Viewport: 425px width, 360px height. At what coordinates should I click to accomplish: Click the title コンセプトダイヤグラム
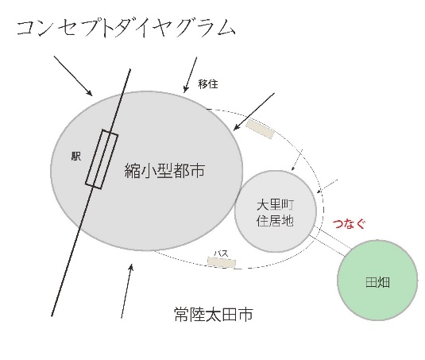click(126, 28)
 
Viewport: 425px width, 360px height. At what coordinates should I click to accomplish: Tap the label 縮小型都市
click(164, 171)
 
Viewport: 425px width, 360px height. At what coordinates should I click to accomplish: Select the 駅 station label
click(76, 156)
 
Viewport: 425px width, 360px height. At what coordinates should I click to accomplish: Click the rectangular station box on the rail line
click(102, 159)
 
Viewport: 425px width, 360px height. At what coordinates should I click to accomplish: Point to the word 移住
click(208, 84)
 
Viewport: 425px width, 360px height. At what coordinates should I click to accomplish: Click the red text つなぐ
click(349, 224)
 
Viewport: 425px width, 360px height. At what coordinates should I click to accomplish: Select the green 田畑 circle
click(377, 280)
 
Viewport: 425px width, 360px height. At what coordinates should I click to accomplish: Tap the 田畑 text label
click(377, 282)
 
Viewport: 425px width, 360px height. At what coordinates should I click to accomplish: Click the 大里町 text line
click(275, 205)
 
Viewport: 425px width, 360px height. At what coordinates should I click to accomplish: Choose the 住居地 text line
click(275, 220)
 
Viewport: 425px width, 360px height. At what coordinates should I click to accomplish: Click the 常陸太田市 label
click(214, 314)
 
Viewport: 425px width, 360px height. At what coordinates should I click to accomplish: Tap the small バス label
click(221, 254)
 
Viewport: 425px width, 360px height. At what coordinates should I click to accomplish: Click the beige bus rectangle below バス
click(222, 262)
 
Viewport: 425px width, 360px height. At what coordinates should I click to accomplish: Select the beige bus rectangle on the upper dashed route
click(260, 129)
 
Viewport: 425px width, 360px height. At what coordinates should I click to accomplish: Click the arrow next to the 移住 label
click(191, 75)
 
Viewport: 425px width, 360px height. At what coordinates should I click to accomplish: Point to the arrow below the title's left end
click(73, 76)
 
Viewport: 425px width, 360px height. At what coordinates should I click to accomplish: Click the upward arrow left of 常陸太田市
click(127, 291)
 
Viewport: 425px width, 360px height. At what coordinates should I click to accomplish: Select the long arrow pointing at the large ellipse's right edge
click(254, 112)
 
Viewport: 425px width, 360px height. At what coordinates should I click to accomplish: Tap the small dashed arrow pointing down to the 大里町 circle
click(297, 160)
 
